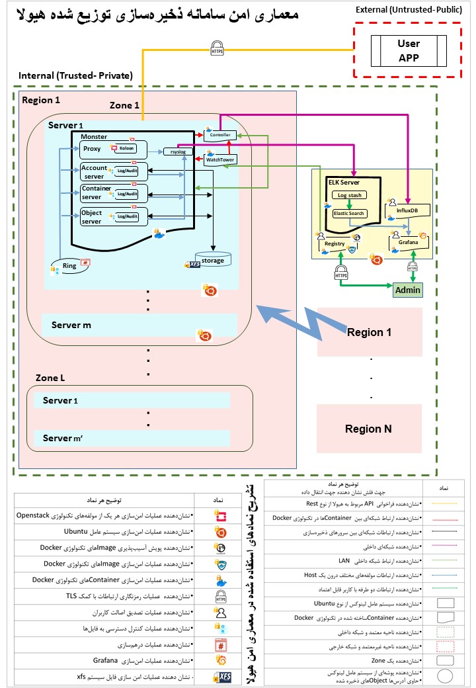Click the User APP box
[x=408, y=50]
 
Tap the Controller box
[x=220, y=135]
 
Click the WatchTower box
[x=220, y=159]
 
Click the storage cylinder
[x=213, y=259]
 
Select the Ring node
[x=70, y=265]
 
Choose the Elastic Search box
[x=348, y=213]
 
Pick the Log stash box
[x=348, y=195]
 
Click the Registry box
[x=335, y=243]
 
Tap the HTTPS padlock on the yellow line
[x=216, y=48]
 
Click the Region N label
[x=369, y=429]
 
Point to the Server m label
[x=67, y=325]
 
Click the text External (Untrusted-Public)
[x=409, y=10]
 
